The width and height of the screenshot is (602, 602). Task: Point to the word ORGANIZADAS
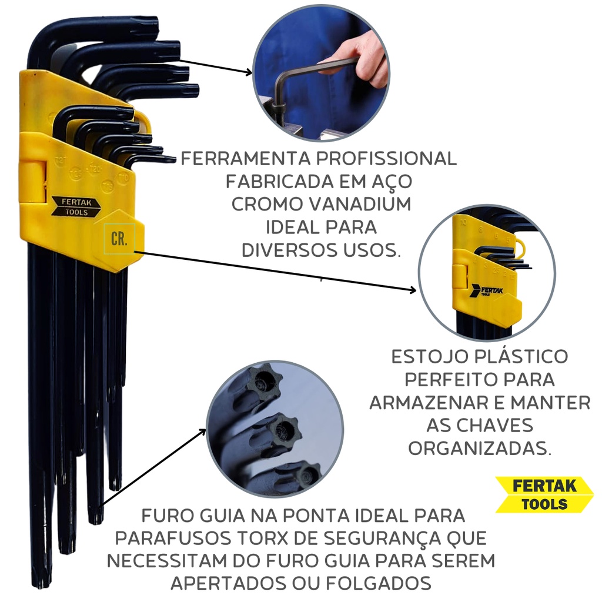click(x=480, y=448)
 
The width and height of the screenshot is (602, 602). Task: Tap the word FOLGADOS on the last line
click(x=379, y=583)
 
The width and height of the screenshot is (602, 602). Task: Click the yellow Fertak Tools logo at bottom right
click(x=544, y=494)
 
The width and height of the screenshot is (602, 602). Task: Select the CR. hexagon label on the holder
click(x=119, y=239)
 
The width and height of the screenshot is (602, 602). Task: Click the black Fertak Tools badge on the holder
click(x=76, y=206)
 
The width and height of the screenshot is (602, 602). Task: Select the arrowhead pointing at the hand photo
click(x=249, y=72)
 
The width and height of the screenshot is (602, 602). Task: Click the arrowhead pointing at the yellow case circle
click(x=413, y=290)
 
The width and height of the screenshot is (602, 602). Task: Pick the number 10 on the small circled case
click(x=464, y=222)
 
